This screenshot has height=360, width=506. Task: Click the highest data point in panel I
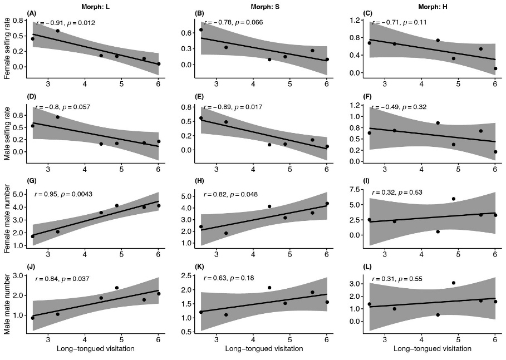point(454,199)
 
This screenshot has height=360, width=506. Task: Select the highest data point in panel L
point(454,283)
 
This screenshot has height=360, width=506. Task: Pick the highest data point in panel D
point(57,117)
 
